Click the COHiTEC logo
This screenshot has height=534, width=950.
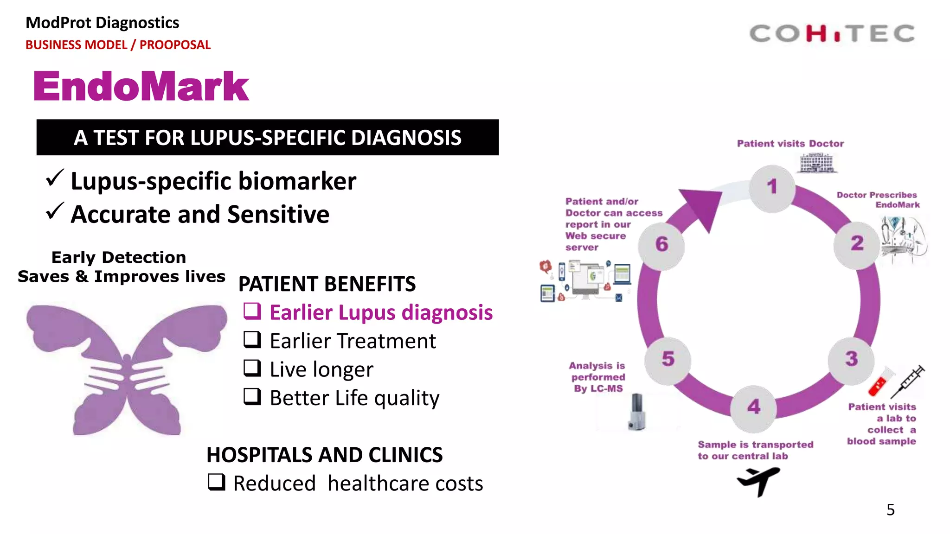[832, 34]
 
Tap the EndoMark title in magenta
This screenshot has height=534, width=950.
[141, 87]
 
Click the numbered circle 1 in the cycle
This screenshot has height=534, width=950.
[772, 188]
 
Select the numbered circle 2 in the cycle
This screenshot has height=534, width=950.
[856, 244]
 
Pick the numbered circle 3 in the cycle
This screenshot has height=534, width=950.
[851, 360]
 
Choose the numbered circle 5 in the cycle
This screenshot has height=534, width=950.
[668, 360]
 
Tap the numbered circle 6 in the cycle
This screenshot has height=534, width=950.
[661, 245]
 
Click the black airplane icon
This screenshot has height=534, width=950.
[758, 481]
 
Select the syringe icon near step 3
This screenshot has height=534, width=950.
[907, 382]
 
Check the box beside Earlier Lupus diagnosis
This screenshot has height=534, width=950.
[252, 311]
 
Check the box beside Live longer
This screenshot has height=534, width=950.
[252, 368]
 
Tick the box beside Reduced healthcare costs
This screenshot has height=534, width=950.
[216, 482]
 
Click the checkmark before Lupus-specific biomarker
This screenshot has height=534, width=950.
[55, 178]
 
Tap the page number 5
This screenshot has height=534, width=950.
[890, 510]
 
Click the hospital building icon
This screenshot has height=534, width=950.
[817, 163]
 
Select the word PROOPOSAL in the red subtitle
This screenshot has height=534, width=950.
[175, 45]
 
